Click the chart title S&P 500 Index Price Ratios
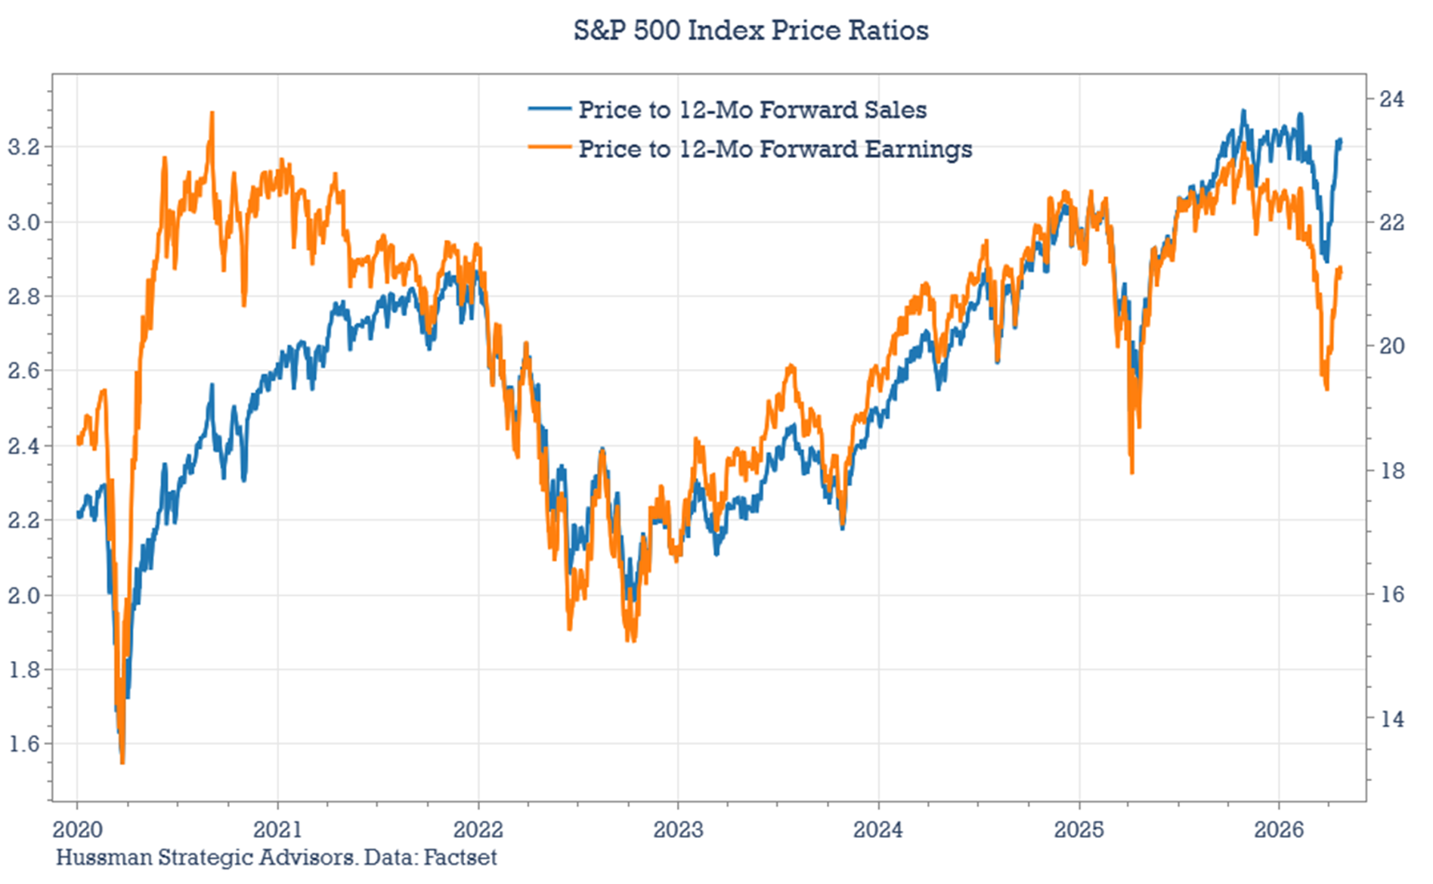751,30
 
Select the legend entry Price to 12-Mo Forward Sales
752,110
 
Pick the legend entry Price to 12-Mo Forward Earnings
775,149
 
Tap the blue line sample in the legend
549,109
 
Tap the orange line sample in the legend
549,147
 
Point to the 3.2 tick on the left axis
23,147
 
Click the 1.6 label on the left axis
23,744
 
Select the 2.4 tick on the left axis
23,445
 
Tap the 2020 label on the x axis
76,830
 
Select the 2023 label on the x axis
678,830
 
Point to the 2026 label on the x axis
1279,830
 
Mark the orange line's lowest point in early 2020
122,762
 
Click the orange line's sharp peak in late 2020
212,113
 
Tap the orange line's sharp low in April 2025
1131,473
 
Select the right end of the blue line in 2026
1340,140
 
